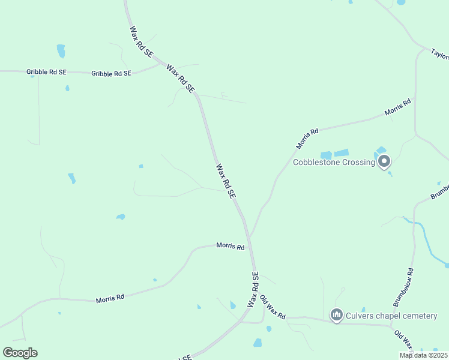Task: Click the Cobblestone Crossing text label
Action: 333,162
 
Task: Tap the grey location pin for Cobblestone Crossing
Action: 384,161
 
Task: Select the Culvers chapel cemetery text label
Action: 391,316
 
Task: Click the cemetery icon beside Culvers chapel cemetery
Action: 336,315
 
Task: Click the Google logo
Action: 20,353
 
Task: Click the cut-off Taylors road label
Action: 440,54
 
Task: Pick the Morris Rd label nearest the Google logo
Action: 110,297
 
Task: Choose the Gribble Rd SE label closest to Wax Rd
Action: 111,73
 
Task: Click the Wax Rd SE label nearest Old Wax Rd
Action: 253,290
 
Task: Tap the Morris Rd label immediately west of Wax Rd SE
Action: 231,246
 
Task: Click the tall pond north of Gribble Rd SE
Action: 61,50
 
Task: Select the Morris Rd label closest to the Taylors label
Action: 398,107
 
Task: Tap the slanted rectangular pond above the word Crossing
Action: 341,152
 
